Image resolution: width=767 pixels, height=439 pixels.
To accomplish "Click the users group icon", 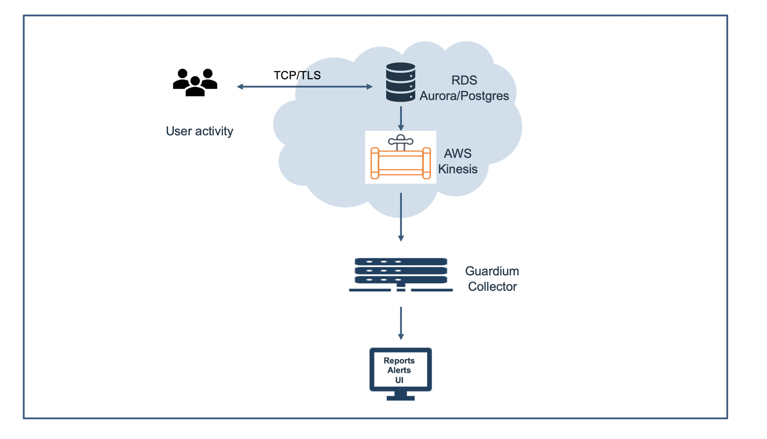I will click(x=195, y=83).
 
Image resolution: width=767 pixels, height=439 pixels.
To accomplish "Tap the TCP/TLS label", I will click(x=297, y=75).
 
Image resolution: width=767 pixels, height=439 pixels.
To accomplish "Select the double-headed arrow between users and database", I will click(x=305, y=87).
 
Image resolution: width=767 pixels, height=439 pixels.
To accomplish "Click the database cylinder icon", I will click(x=401, y=82).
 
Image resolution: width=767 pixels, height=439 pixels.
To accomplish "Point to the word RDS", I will click(x=464, y=80).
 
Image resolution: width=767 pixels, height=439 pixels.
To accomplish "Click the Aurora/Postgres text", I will click(x=464, y=96).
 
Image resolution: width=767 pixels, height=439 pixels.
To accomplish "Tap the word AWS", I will click(x=457, y=154).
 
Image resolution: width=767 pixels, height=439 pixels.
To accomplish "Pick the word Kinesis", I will click(x=457, y=169).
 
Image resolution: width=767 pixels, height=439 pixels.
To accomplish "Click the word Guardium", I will click(x=492, y=271).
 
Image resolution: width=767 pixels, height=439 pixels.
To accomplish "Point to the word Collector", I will click(x=492, y=287).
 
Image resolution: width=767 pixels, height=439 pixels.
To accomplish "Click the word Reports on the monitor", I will click(x=399, y=361).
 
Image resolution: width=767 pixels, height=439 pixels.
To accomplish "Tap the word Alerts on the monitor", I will click(x=399, y=370).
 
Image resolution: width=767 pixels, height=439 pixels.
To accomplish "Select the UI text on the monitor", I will click(x=399, y=380).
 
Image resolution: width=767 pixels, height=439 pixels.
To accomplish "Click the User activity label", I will click(x=199, y=131).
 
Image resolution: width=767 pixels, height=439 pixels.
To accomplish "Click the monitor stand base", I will click(x=401, y=398).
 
